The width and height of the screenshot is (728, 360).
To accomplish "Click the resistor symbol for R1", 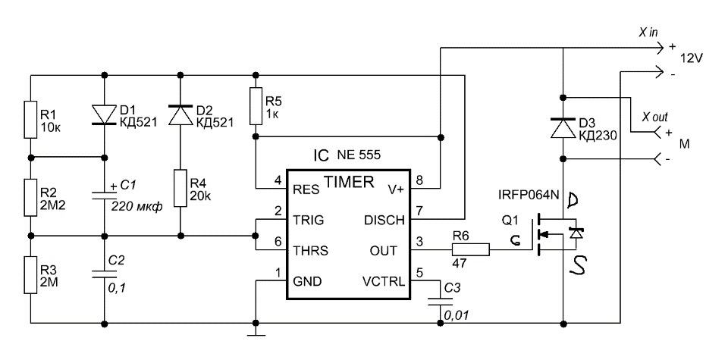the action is [30, 119].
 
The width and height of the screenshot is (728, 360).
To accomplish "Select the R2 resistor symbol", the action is [30, 197].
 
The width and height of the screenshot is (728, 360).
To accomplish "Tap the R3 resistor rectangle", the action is [30, 274].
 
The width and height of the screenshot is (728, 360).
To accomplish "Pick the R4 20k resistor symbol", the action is [180, 188].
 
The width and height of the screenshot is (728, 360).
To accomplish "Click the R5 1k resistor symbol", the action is [255, 105].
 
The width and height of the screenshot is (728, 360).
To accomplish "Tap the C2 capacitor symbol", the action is [104, 273].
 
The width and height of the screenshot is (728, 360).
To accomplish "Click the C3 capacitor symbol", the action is [439, 301].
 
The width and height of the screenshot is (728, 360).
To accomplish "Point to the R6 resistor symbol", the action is [471, 250].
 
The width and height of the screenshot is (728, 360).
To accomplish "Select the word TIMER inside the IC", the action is [349, 183].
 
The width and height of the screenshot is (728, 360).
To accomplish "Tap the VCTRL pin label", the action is [383, 282].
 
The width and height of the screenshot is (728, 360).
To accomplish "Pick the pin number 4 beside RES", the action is [278, 180].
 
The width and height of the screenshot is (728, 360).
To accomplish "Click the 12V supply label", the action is [692, 59].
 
